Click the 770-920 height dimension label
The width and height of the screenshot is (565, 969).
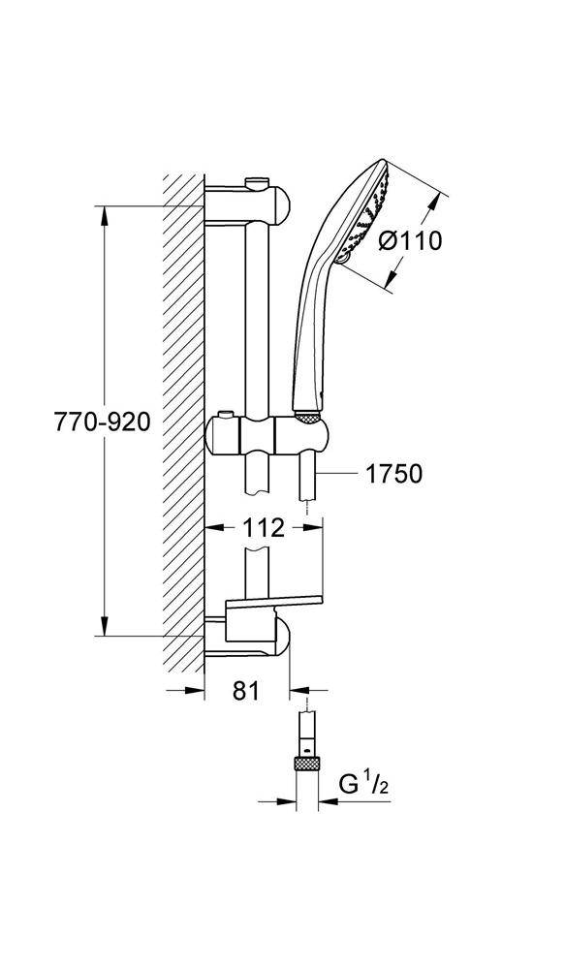point(102,422)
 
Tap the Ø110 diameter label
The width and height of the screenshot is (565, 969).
point(410,240)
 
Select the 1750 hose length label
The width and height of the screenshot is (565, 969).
point(393,474)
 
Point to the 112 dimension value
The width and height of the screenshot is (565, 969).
point(264,527)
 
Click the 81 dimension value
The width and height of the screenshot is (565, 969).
point(246,691)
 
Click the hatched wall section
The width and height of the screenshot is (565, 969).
point(183,423)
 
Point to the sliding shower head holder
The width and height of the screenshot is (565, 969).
point(266,436)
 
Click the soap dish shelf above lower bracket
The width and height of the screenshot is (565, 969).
point(275,602)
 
